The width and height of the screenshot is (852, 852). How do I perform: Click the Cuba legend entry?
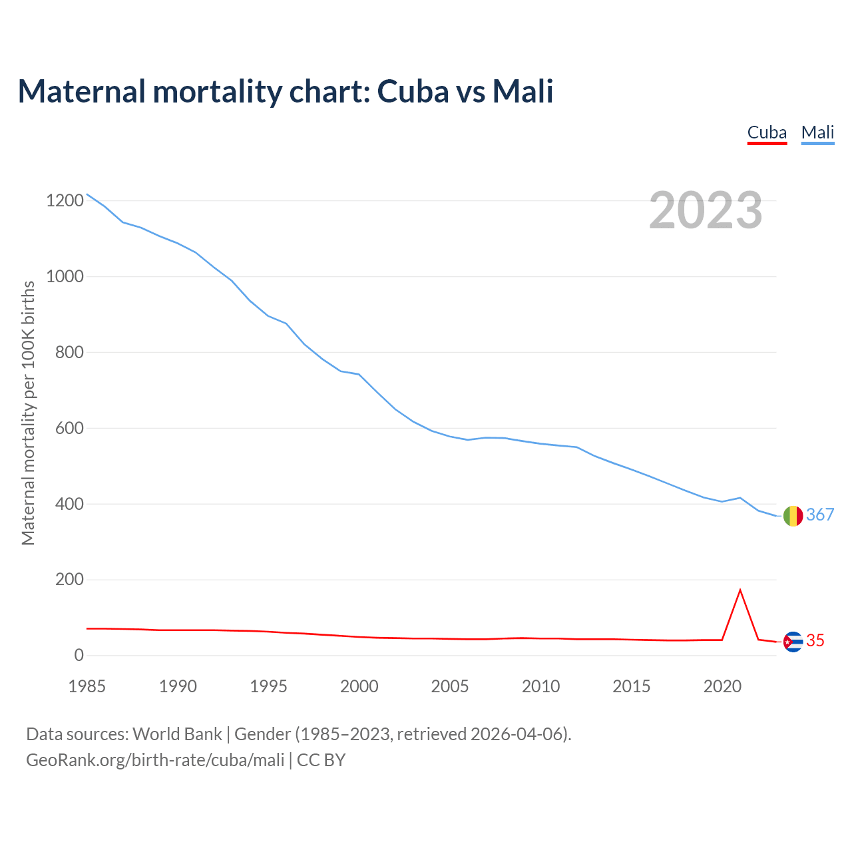coord(767,132)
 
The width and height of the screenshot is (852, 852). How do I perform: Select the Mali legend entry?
coord(817,132)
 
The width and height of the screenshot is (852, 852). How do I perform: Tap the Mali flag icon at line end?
coord(793,515)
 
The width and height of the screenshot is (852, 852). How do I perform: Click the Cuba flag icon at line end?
coord(793,642)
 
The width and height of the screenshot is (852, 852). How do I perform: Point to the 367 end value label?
coord(820,515)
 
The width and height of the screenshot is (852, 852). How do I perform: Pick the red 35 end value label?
coord(815,640)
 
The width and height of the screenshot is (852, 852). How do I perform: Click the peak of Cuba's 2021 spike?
coord(740,590)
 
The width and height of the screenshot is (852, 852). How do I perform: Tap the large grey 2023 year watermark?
coord(706,210)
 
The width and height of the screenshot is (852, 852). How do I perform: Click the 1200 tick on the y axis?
coord(65,200)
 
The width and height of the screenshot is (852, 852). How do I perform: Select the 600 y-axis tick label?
coord(69,428)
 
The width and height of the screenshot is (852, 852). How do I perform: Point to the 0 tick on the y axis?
coord(79,656)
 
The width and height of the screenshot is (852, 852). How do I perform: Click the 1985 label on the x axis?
coord(87,686)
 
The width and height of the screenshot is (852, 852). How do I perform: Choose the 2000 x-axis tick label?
coord(359,686)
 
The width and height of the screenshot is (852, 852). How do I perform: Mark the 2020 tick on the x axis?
coord(722,686)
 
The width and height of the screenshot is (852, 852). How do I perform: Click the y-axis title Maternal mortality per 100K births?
coord(28,413)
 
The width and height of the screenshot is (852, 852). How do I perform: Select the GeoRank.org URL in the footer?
coord(155,760)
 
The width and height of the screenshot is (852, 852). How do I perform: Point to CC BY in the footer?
coord(321,760)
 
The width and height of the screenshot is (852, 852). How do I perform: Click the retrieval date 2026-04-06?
coord(519,734)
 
